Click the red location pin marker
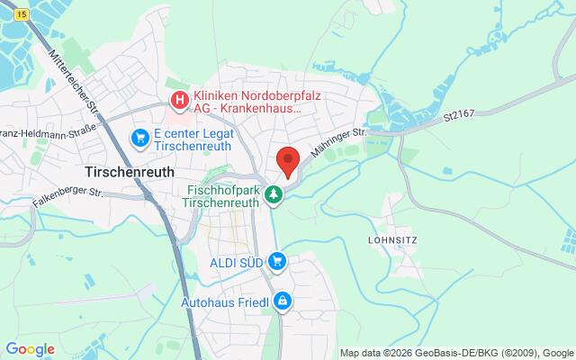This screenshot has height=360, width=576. tap(287, 161)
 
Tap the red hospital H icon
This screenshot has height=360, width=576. tap(180, 99)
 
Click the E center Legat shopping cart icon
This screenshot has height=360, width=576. tap(139, 138)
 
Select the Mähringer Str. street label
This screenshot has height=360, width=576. tap(339, 144)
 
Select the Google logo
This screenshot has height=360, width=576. tap(30, 349)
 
